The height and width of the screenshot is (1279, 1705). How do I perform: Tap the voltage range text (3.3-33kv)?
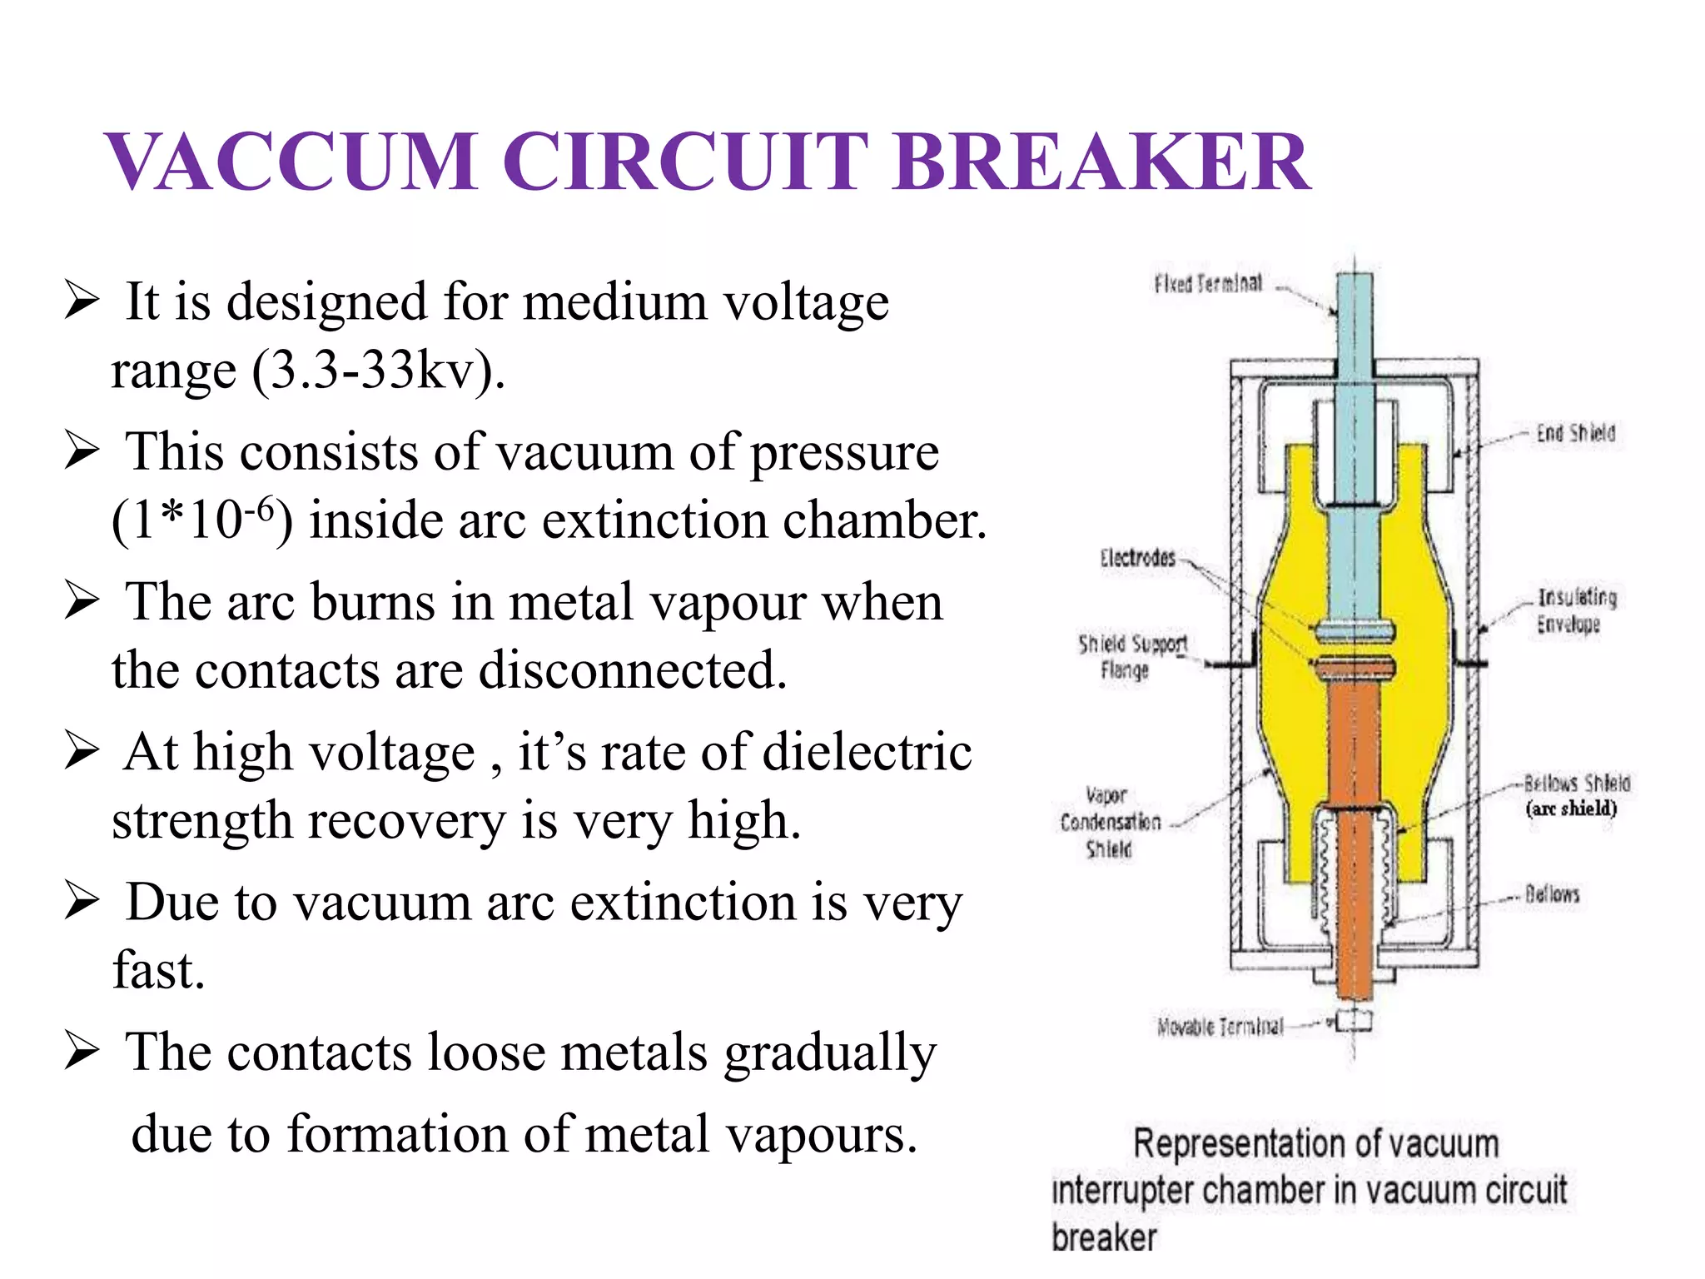[x=379, y=370]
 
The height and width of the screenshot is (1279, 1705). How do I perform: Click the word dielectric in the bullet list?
[x=867, y=752]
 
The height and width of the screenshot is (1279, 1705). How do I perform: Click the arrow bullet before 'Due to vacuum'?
[x=82, y=901]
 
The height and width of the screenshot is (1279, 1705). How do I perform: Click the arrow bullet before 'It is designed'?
[x=82, y=301]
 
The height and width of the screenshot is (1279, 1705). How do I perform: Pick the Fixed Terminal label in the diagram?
[x=1207, y=284]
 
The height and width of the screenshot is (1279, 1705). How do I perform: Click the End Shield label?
[x=1575, y=433]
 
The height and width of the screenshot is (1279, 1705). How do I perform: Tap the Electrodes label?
[x=1137, y=558]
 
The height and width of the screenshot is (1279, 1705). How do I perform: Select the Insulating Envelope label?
[x=1576, y=610]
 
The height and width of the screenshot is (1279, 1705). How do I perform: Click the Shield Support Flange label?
[x=1131, y=656]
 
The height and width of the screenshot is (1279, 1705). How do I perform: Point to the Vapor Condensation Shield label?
[x=1110, y=822]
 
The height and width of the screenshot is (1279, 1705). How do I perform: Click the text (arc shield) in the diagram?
[x=1571, y=809]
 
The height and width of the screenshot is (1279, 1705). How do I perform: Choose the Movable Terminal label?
[x=1220, y=1027]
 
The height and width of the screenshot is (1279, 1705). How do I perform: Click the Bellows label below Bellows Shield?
[x=1552, y=894]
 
